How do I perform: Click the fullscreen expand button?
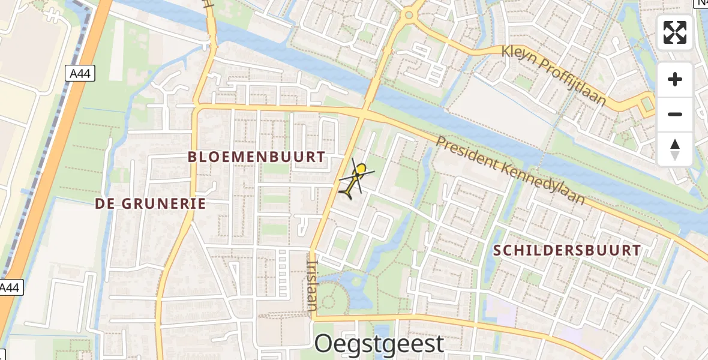[x=675, y=32]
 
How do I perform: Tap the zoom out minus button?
[x=675, y=114]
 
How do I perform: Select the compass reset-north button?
[x=675, y=149]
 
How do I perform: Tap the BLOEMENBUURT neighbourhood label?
[x=257, y=157]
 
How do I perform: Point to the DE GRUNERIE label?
[x=151, y=203]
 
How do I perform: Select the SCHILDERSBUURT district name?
[x=568, y=251]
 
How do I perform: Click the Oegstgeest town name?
[x=379, y=344]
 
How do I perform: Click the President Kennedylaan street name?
[x=511, y=170]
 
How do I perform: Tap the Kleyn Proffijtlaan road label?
[x=555, y=74]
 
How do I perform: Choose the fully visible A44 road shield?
[x=80, y=73]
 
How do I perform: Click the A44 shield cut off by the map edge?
[x=10, y=288]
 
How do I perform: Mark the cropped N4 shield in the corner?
[x=701, y=3]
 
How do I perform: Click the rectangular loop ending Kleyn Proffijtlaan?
[x=646, y=106]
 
